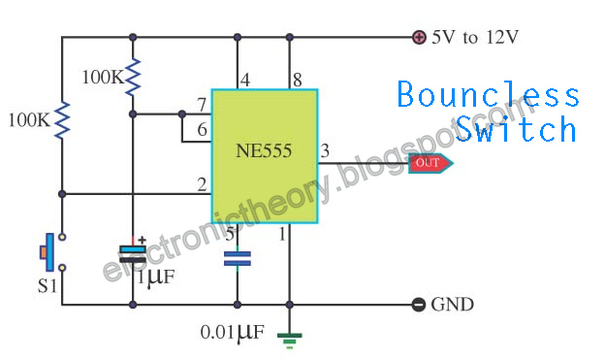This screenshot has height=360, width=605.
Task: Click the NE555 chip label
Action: click(264, 151)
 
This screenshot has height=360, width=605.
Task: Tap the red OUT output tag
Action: click(427, 163)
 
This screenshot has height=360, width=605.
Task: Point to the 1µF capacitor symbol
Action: click(133, 255)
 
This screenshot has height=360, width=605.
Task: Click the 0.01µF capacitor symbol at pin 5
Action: click(237, 258)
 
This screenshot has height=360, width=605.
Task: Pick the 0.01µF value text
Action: click(232, 333)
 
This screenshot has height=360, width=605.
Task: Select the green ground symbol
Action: click(289, 339)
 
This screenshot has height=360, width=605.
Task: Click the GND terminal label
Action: click(453, 305)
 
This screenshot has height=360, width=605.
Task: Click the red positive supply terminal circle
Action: click(419, 38)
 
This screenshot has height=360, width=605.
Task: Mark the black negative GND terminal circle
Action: click(419, 305)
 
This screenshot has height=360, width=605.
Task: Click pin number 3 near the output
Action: click(324, 149)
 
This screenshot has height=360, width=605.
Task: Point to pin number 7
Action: click(201, 104)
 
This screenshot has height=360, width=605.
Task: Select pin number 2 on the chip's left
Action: click(201, 184)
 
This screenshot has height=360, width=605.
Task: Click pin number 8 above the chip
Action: click(297, 80)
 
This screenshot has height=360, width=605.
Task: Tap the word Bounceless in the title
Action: click(489, 96)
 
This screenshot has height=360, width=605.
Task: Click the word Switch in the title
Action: click(518, 130)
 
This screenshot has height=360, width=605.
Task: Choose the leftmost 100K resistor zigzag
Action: click(62, 119)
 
